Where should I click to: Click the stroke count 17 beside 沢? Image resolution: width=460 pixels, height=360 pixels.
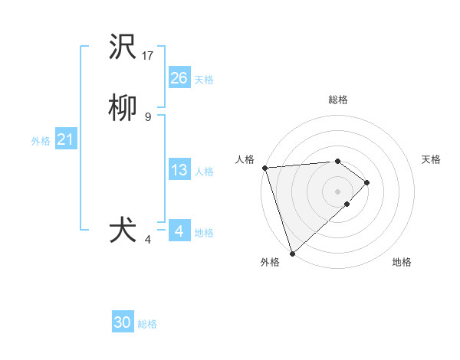pos(149,56)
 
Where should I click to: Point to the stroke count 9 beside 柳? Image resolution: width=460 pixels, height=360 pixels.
pos(148,116)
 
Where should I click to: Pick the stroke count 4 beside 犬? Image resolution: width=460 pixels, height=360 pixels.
pos(148,241)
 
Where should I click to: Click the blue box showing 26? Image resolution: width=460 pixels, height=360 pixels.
pos(179,78)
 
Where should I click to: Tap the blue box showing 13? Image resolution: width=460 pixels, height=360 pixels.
pos(179,170)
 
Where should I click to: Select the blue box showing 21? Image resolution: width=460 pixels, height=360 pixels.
pos(65,139)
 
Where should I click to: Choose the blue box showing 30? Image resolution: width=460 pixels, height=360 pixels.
pos(123,322)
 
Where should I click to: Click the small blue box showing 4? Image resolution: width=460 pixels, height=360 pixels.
pos(179,231)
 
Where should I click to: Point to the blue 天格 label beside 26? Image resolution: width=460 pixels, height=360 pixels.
pos(204,80)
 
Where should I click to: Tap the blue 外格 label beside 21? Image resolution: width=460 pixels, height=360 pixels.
pos(41,141)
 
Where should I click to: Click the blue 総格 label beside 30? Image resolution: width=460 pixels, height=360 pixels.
pos(147,324)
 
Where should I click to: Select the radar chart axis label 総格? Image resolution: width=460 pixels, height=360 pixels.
pos(338,100)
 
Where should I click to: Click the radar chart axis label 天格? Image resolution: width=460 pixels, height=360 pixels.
pos(432,159)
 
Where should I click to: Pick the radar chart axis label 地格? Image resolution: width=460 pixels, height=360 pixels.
pos(402,262)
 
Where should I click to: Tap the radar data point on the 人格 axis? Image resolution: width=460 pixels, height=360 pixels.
pos(264,168)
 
